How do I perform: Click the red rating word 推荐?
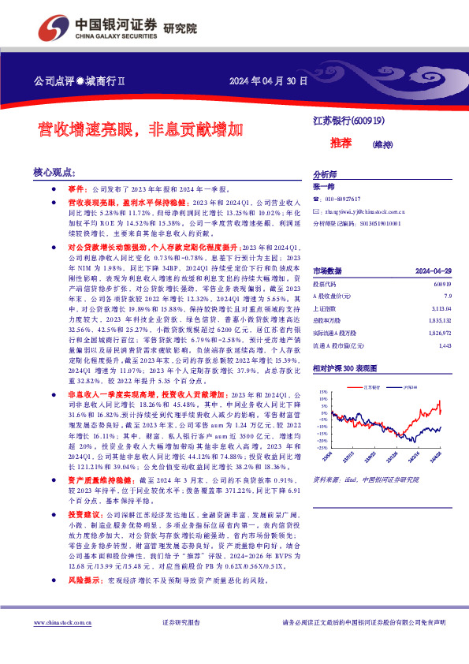(x=341, y=143)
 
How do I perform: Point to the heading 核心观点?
(x=54, y=171)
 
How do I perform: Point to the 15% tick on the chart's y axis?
(x=322, y=391)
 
